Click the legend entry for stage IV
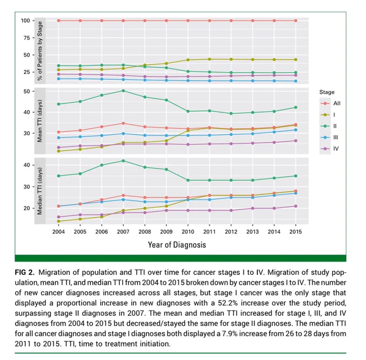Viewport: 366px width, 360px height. [330, 149]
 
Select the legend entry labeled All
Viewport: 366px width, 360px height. [330, 103]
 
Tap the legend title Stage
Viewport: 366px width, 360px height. [327, 92]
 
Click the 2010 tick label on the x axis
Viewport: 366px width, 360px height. [188, 232]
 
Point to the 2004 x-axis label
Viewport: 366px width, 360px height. [59, 232]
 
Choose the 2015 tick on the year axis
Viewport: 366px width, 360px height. [295, 232]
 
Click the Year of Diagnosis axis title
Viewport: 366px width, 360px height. [177, 245]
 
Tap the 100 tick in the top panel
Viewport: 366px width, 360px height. [25, 20]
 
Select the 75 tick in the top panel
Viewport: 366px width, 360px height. [27, 38]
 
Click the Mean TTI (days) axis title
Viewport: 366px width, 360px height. [40, 121]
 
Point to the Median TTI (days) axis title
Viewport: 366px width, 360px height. [40, 191]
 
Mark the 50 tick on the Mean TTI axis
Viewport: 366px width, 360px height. [27, 91]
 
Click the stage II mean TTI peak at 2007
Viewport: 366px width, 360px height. [123, 90]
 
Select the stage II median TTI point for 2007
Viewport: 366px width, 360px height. [123, 161]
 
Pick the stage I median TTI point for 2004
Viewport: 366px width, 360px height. [59, 221]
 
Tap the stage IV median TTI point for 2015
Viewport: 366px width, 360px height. [295, 206]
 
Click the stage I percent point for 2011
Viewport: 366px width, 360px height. [209, 59]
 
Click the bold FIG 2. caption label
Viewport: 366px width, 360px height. [25, 272]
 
